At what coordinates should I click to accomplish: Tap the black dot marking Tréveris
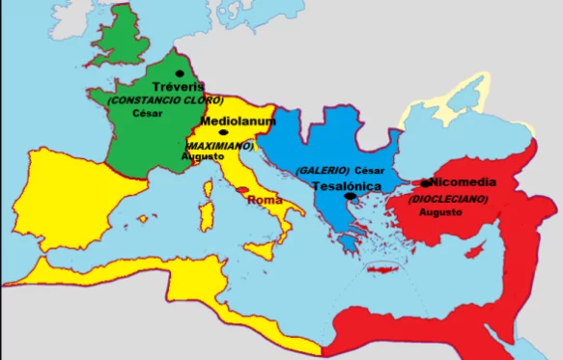coord(179,73)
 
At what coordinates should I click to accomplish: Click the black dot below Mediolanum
coord(224,132)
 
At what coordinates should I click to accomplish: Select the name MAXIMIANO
coord(219,146)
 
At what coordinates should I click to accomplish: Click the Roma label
coord(265,200)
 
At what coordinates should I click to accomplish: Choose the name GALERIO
coord(323,170)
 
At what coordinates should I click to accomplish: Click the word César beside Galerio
coord(370,170)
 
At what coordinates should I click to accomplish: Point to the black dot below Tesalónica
coord(352,196)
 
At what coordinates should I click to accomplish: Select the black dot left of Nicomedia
coord(426,182)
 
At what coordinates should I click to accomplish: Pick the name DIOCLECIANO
coord(448,199)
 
